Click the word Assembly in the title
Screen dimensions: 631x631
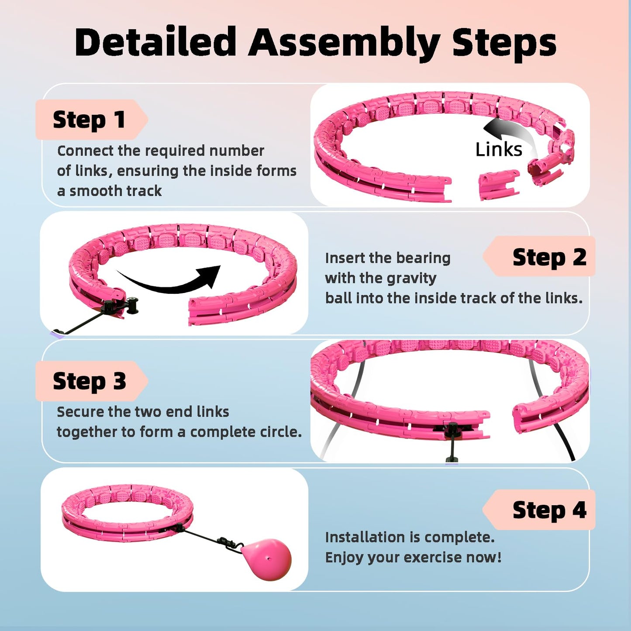344,43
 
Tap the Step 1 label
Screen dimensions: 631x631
89,120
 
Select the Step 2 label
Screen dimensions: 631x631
549,257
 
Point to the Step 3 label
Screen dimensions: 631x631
89,381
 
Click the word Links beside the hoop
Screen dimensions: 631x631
498,149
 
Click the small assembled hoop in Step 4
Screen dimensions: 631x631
127,513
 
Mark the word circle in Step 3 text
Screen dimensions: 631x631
279,432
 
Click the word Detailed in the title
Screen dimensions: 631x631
155,42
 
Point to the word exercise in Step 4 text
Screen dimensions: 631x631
432,557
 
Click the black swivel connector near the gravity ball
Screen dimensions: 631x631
229,543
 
